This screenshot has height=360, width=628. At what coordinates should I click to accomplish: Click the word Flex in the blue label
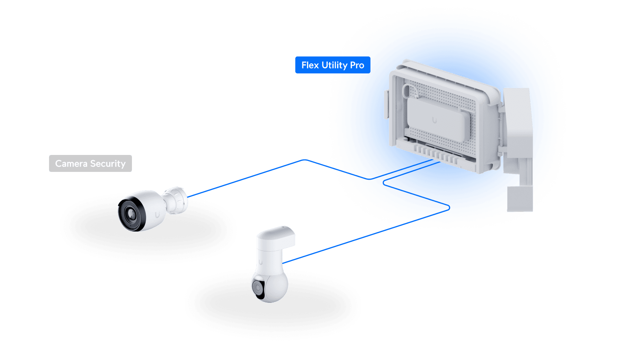point(310,65)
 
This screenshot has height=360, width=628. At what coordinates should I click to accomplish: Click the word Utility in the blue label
point(334,65)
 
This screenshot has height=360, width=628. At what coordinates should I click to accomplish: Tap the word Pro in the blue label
point(357,65)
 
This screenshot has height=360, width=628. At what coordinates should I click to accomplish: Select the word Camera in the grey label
point(71,164)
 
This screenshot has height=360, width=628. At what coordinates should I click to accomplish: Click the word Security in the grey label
point(108,164)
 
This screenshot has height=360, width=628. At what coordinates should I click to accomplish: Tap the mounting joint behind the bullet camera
point(176,200)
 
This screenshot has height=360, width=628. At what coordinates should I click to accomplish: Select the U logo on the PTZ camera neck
point(260,262)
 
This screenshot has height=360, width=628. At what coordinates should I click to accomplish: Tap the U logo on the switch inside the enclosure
point(434,120)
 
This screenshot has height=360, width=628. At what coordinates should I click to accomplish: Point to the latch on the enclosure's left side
point(386,104)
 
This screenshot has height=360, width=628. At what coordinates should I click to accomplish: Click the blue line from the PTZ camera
point(353,240)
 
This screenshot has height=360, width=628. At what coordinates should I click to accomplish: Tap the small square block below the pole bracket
point(519,199)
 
